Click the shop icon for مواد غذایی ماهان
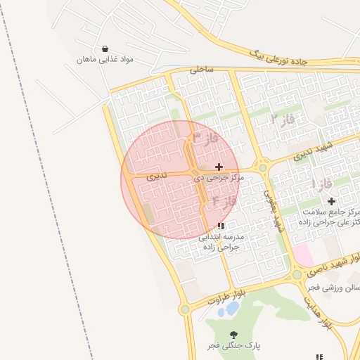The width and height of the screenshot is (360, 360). (105, 49)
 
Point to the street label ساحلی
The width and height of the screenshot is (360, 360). (200, 70)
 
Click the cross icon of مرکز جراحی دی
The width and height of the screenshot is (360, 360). (219, 167)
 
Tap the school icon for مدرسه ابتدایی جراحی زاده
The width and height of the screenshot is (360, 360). (221, 226)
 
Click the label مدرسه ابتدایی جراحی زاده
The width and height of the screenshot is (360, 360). (221, 243)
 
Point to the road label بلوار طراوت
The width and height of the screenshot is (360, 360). (228, 295)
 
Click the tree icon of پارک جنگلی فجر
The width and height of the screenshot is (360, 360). (233, 335)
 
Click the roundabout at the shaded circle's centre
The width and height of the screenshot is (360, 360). (193, 172)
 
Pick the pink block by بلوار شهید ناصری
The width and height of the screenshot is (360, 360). (303, 254)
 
